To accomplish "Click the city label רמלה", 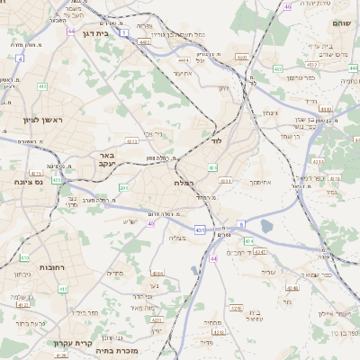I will click(x=184, y=183).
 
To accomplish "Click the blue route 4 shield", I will click(x=20, y=58).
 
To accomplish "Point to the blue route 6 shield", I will click(x=241, y=223).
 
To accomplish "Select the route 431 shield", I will click(x=200, y=230).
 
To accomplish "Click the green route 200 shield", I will click(x=123, y=187).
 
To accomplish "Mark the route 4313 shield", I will click(x=132, y=141).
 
